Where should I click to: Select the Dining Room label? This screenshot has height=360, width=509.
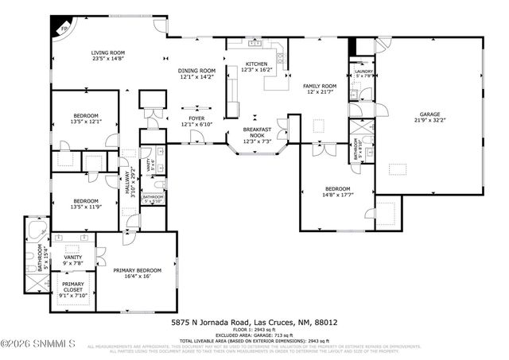[x=196, y=70]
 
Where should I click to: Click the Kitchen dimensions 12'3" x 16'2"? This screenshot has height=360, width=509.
[x=256, y=70]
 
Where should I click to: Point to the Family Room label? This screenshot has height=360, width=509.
[x=318, y=85]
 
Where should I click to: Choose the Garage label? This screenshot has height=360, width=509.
[x=429, y=114]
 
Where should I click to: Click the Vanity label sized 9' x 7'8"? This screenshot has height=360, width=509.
[x=72, y=260]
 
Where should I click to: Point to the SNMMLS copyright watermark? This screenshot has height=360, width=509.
[x=38, y=343]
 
